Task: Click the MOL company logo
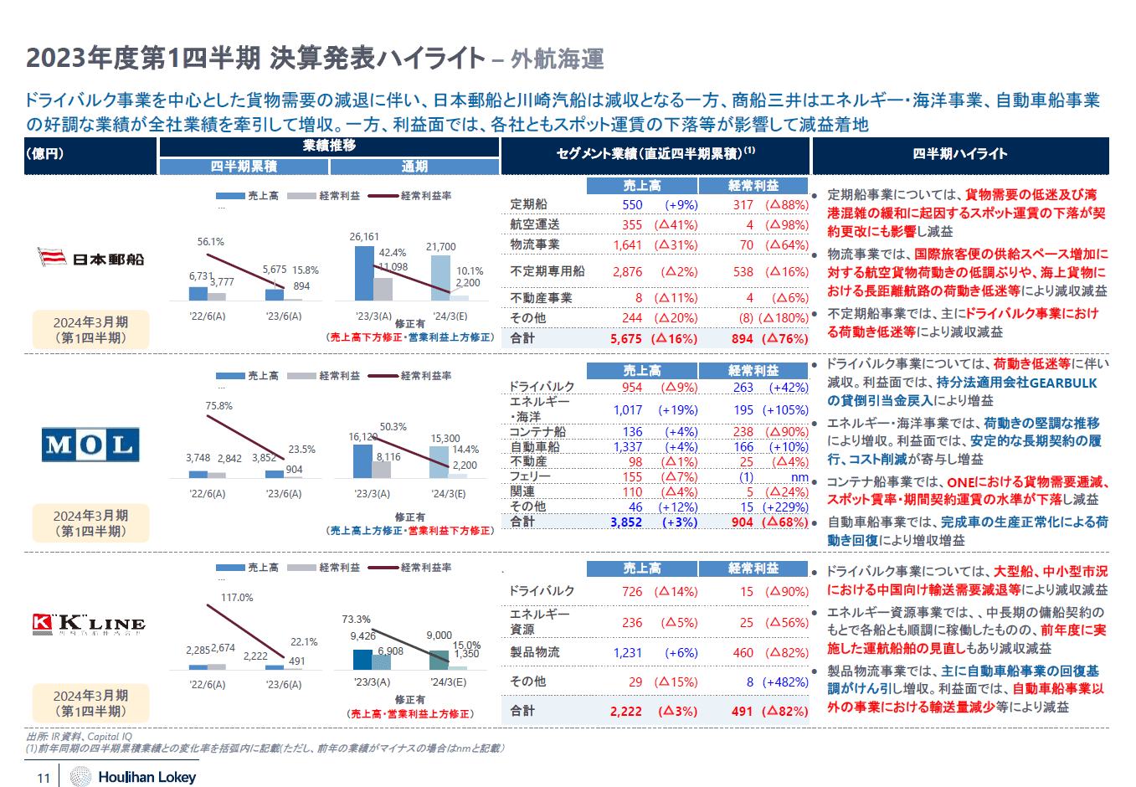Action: (x=90, y=445)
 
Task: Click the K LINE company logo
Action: (x=89, y=624)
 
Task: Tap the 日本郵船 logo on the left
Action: (x=91, y=258)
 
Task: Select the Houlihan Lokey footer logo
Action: (x=134, y=777)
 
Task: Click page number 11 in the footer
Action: (x=44, y=778)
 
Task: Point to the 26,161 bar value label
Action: (x=364, y=237)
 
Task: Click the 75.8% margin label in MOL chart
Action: (x=219, y=406)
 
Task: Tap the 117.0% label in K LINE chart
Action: (x=237, y=598)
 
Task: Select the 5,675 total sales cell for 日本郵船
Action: (x=626, y=339)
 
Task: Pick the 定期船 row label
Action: (x=529, y=204)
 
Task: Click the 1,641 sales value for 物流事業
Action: (x=628, y=245)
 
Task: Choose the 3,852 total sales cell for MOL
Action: (x=626, y=522)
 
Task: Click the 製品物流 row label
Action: (x=535, y=652)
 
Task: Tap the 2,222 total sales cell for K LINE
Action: (x=626, y=712)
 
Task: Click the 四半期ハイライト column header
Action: (x=960, y=154)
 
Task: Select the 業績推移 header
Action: (x=329, y=146)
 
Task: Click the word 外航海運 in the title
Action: (x=558, y=59)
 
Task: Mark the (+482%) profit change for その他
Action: (x=786, y=682)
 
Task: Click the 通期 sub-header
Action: (x=414, y=167)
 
